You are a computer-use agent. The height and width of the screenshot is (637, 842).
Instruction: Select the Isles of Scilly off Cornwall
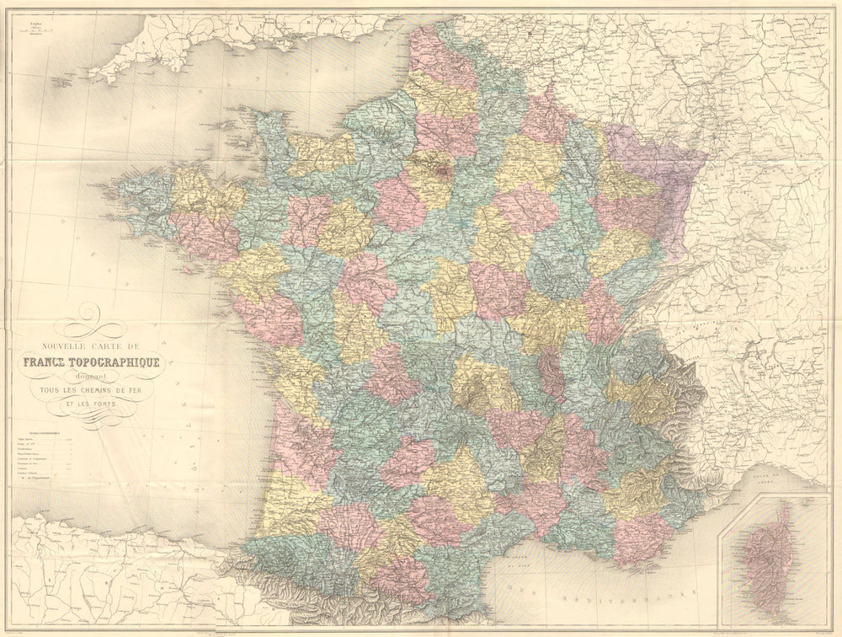[x=61, y=83]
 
